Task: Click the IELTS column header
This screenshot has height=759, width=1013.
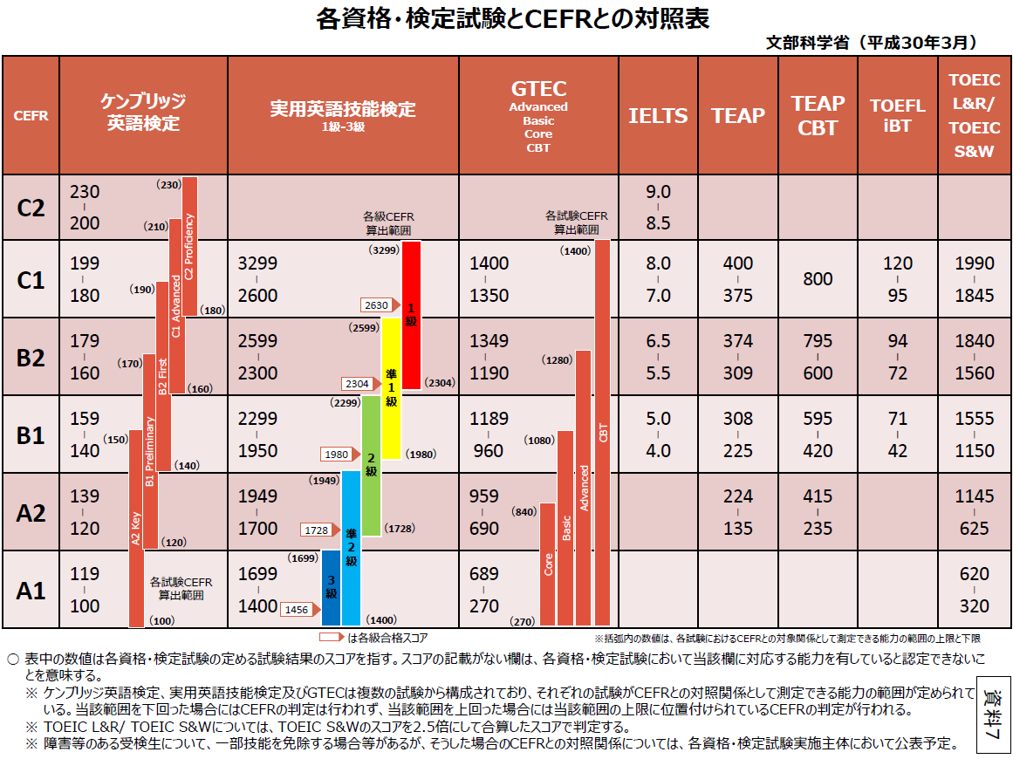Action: click(x=658, y=115)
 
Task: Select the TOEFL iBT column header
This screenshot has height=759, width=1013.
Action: click(x=897, y=115)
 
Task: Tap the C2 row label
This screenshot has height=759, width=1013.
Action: click(x=31, y=208)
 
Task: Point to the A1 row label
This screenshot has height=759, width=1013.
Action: click(x=31, y=591)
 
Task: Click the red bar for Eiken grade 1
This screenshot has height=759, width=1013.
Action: click(x=412, y=314)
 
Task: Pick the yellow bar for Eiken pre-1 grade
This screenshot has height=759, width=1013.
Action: click(x=392, y=388)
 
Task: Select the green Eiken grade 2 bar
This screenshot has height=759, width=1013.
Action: click(x=372, y=465)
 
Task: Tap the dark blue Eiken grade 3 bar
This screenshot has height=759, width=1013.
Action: click(x=331, y=586)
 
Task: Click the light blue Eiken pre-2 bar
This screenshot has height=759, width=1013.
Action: click(x=351, y=547)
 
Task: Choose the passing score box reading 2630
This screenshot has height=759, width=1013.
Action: click(x=377, y=305)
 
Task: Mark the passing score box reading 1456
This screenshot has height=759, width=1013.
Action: click(x=297, y=610)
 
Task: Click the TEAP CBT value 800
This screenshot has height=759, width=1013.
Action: click(x=818, y=279)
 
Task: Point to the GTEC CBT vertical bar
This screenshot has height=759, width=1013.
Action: click(x=603, y=432)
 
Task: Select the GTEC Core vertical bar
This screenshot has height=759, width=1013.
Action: click(x=548, y=564)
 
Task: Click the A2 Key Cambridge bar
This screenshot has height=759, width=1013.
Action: click(x=136, y=528)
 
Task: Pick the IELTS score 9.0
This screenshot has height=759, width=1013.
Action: click(x=658, y=192)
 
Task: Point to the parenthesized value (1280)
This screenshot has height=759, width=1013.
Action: click(x=556, y=359)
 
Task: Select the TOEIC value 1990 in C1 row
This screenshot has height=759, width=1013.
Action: click(x=974, y=263)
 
